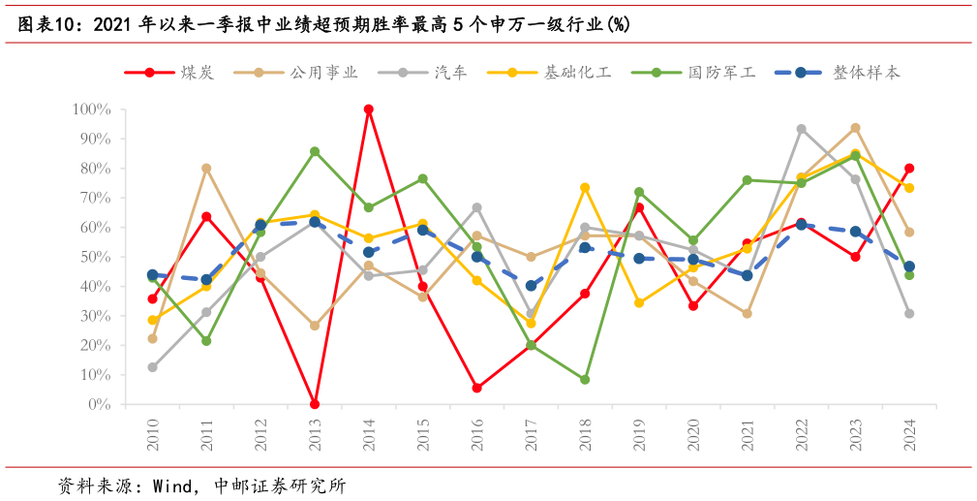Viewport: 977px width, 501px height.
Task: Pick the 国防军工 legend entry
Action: click(692, 73)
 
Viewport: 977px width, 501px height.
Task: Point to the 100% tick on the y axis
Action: click(92, 110)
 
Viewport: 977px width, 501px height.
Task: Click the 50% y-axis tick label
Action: click(95, 257)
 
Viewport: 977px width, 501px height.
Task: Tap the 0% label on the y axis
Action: click(99, 404)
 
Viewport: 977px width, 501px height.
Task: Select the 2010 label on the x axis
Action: click(153, 432)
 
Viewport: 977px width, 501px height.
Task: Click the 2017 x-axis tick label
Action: click(531, 432)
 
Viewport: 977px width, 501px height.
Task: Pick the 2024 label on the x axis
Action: click(909, 432)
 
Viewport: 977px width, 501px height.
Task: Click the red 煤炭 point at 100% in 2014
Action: click(369, 110)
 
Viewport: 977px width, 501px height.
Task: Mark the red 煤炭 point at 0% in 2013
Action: click(315, 404)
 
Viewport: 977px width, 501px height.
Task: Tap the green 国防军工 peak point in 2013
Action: click(315, 152)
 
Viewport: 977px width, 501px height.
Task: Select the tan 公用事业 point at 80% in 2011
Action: click(206, 169)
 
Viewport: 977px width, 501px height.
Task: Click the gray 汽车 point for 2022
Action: click(801, 129)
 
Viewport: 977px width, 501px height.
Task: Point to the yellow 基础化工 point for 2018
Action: click(585, 188)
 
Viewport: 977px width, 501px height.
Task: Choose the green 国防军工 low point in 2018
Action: click(585, 380)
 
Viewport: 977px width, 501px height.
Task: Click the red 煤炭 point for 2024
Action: click(909, 169)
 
